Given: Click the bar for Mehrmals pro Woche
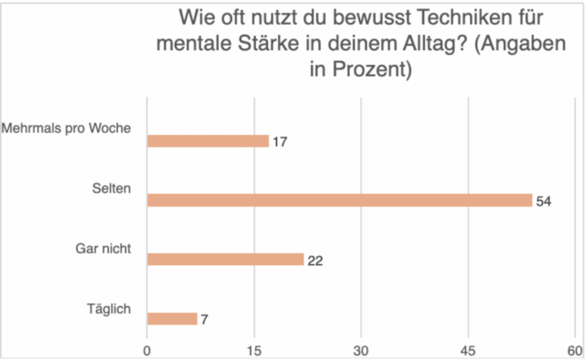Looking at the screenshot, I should coord(208,142).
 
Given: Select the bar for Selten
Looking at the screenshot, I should coord(339,200).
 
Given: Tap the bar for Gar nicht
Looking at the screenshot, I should coord(226,259).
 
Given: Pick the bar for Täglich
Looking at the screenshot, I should coord(172,319).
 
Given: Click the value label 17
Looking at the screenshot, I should coord(280,142).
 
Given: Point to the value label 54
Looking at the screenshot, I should coord(543,201).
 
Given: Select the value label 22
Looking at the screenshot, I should coord(314,260).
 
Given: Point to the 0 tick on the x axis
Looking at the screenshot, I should coord(147,351).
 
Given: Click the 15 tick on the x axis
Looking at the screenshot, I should coord(254,351).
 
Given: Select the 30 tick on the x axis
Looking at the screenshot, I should coord(362,351).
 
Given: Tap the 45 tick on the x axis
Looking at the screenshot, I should coord(469,351).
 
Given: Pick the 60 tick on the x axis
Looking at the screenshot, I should coord(574,351).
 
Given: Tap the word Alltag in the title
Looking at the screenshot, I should coord(473,44).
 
